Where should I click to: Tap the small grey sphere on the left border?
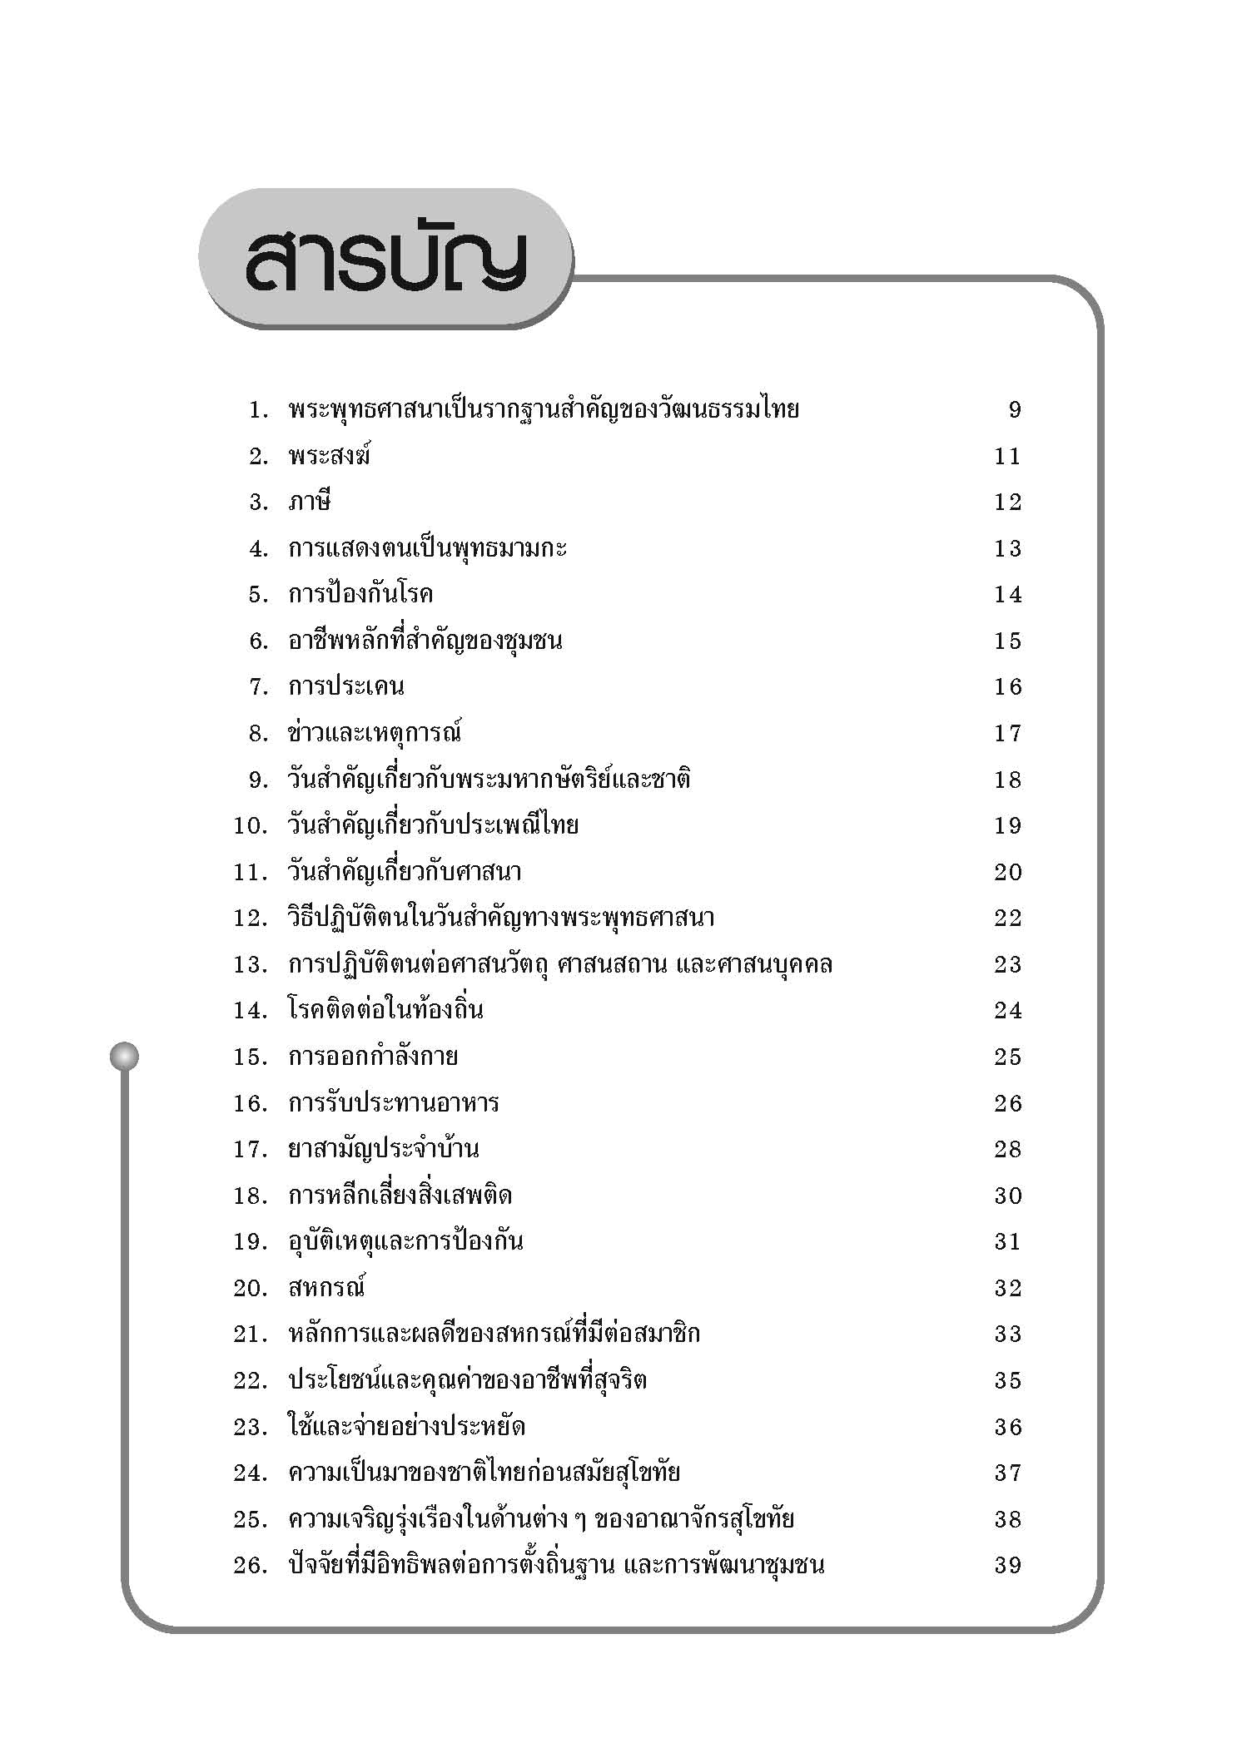tap(124, 1057)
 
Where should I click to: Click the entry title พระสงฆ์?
tap(329, 456)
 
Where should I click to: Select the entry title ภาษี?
tap(310, 503)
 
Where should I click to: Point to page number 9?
tap(1014, 410)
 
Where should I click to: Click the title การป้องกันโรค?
tap(360, 594)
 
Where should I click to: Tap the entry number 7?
tap(258, 687)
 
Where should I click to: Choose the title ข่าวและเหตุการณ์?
tap(375, 733)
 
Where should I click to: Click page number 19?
tap(1007, 826)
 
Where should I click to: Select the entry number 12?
tap(250, 919)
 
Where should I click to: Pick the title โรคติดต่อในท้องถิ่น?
tap(385, 1010)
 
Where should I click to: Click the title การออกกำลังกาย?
tap(373, 1057)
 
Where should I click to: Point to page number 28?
tap(1007, 1150)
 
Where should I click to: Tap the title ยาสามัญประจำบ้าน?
tap(383, 1149)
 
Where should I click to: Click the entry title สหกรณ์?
tap(327, 1288)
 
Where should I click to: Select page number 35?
tap(1007, 1381)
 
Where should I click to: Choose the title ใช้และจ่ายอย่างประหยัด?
tap(406, 1427)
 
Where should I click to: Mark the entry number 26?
tap(250, 1566)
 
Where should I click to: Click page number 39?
tap(1007, 1566)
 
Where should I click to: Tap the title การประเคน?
tap(346, 687)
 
